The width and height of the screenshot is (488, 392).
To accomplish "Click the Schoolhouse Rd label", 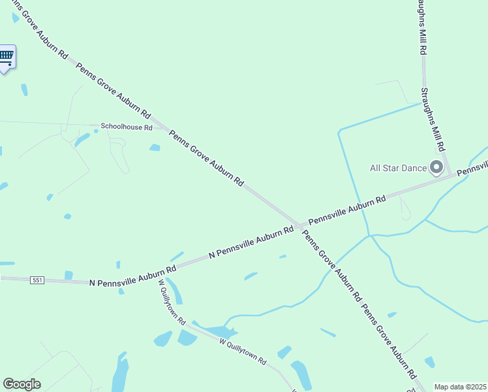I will [x=126, y=127].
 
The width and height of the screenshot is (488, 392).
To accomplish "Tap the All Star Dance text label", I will [x=398, y=168].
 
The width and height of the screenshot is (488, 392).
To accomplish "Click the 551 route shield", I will [x=37, y=280].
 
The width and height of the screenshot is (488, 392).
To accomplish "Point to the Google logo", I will [x=22, y=384].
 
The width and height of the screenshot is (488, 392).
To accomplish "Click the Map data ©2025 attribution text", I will [x=460, y=387].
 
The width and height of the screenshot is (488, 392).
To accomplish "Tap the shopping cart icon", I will [x=7, y=56].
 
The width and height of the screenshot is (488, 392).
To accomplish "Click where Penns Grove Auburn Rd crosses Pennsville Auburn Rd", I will [x=299, y=226].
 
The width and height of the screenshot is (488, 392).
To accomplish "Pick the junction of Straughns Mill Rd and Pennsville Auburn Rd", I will [x=451, y=174].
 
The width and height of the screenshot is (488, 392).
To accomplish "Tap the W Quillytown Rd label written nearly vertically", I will [x=173, y=302].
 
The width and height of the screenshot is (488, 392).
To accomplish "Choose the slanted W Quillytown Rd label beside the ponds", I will [x=243, y=351].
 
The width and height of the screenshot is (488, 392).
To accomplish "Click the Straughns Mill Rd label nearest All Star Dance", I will [x=433, y=120].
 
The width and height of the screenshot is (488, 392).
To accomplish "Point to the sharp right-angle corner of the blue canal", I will [x=339, y=132].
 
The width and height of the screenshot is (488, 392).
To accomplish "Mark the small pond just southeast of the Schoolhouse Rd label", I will [x=155, y=148].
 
